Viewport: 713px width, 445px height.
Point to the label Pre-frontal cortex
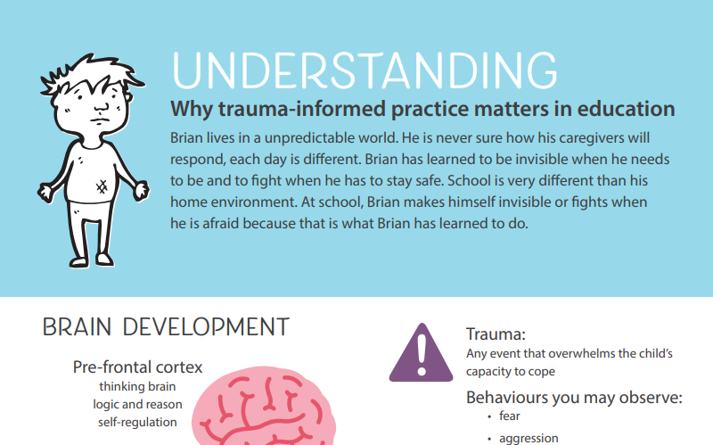pos(137,367)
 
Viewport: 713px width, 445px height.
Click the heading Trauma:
pos(496,334)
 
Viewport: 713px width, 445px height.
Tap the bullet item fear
pos(510,416)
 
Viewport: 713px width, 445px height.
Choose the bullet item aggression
pos(529,438)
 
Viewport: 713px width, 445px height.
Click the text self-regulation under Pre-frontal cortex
pos(138,422)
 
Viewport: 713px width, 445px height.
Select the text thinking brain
pos(137,386)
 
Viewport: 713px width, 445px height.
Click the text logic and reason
pos(138,404)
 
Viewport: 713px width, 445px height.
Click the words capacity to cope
pos(511,371)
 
